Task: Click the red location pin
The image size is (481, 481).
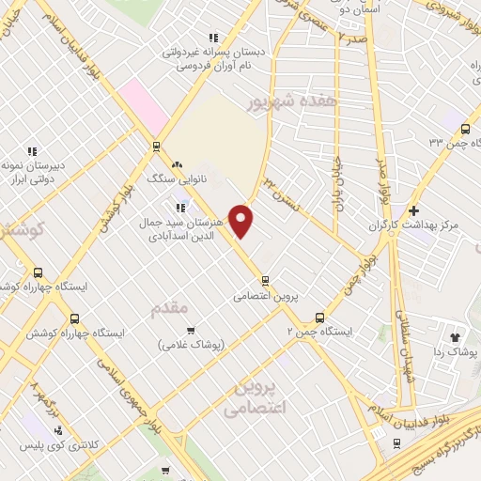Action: click(241, 222)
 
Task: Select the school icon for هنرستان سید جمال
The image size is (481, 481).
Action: click(180, 208)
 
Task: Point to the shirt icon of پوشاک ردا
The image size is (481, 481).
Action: click(456, 335)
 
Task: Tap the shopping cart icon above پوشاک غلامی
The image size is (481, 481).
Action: click(191, 330)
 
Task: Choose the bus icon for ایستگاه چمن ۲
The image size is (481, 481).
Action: click(319, 318)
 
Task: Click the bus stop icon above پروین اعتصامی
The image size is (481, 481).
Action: click(266, 279)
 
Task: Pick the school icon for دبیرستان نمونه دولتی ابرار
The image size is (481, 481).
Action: click(31, 150)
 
